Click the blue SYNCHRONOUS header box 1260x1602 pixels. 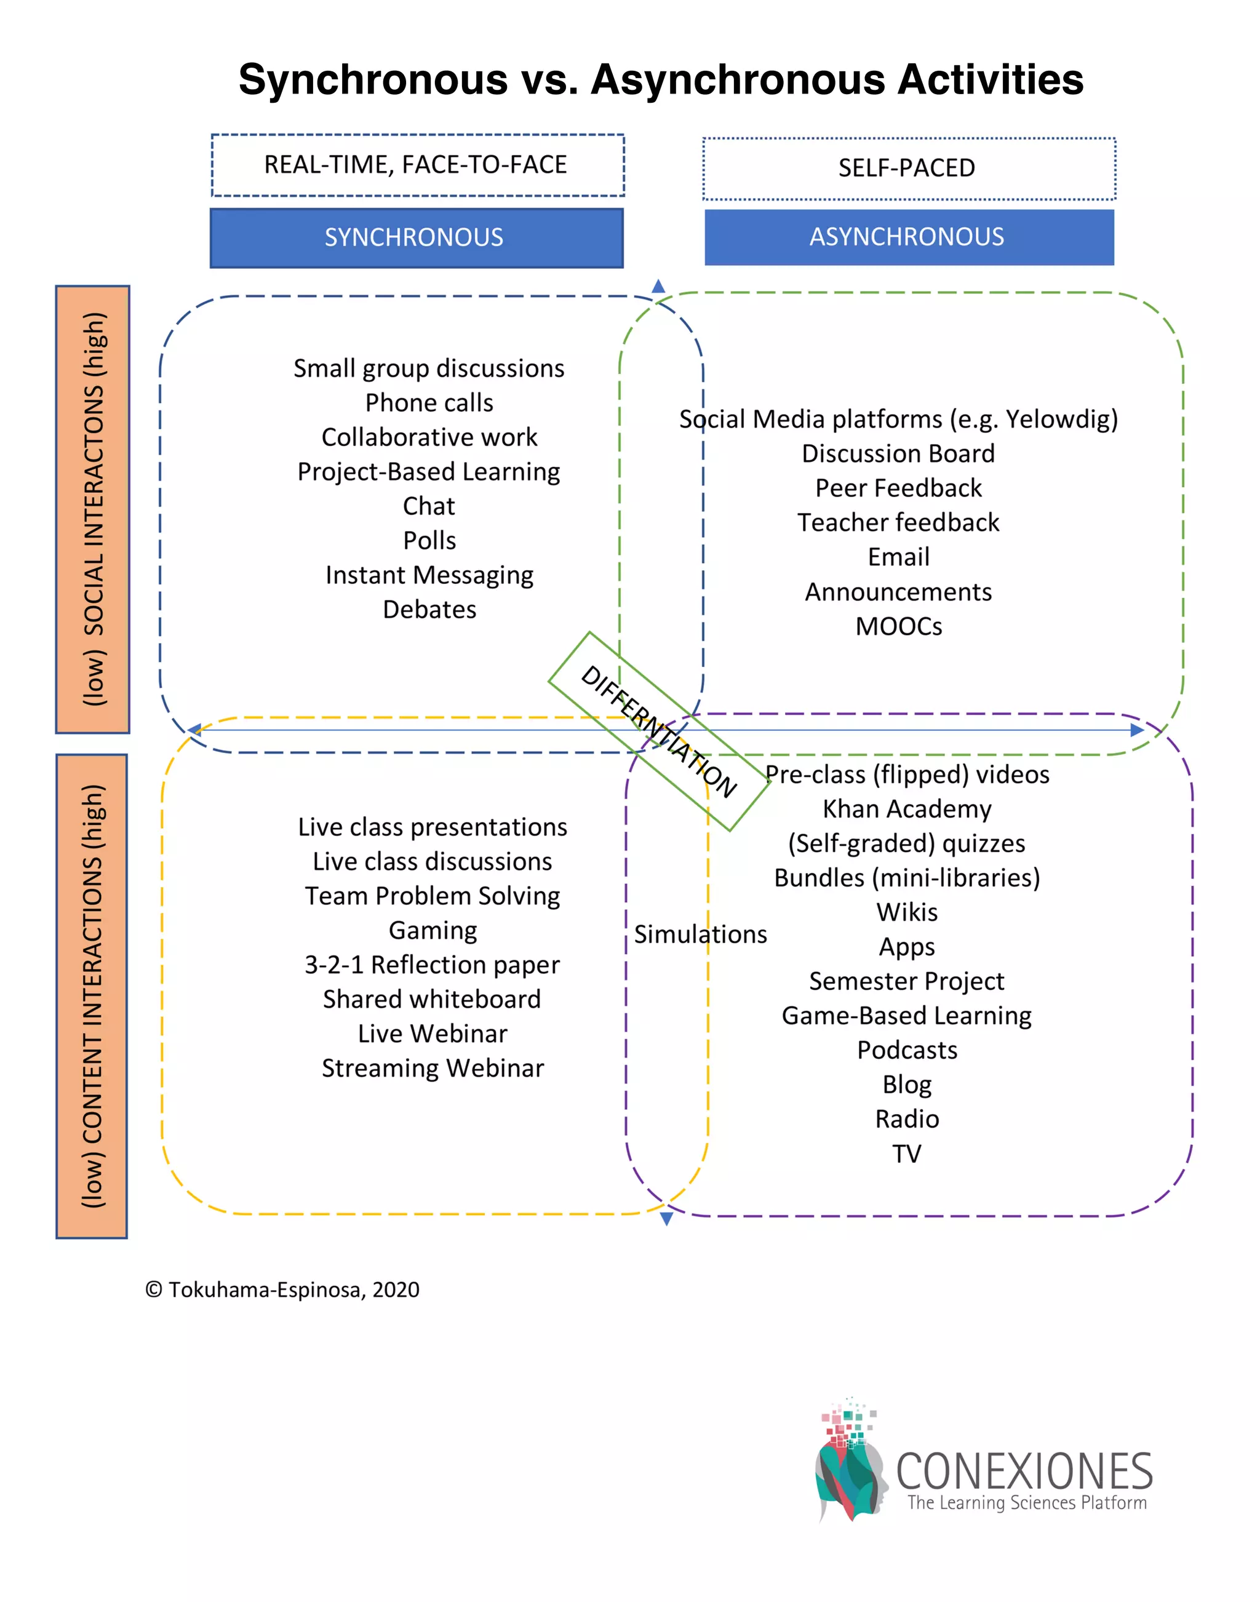(416, 237)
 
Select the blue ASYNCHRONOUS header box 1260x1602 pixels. (908, 237)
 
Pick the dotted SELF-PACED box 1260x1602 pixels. (908, 168)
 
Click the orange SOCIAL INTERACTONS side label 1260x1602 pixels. (93, 509)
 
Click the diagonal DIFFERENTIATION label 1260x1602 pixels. (659, 731)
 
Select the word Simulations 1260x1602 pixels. (700, 934)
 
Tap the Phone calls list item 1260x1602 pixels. (429, 403)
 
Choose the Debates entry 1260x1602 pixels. (429, 609)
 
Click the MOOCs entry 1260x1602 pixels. (898, 626)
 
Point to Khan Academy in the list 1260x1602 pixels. (907, 808)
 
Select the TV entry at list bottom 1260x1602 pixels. (907, 1153)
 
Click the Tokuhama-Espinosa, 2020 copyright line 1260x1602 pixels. (282, 1289)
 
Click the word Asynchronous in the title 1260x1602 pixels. (837, 79)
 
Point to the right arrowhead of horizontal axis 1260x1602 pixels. (1137, 730)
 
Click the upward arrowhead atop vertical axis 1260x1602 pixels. (658, 286)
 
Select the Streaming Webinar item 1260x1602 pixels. (433, 1067)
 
